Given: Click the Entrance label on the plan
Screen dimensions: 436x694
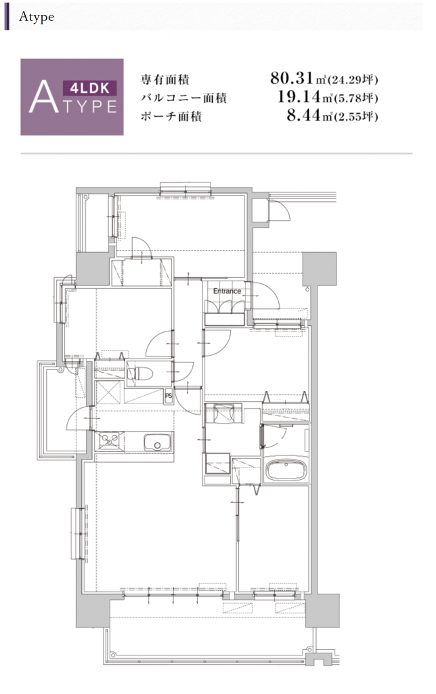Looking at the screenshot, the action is tap(227, 291).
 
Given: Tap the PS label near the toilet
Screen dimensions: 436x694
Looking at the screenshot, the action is tap(169, 396).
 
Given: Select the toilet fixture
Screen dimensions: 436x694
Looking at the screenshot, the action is tap(140, 374).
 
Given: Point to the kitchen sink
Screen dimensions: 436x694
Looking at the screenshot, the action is tap(158, 443).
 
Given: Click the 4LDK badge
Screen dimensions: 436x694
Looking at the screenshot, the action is tap(90, 88).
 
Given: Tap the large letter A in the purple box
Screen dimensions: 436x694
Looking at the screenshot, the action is tap(43, 96).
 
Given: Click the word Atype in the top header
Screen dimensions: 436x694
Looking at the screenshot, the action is tap(37, 17).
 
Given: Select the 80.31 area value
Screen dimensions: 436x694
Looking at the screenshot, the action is tap(292, 79).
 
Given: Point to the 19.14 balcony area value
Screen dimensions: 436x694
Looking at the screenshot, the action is tap(299, 96).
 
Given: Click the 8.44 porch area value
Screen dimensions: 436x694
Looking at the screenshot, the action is tap(303, 115).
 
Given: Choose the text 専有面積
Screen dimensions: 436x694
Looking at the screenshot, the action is tap(165, 80).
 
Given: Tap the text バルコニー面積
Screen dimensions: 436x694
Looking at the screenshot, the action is tap(183, 98).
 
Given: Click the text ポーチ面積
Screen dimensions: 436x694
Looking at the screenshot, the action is tap(171, 117).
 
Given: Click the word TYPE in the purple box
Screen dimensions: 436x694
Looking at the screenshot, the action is tap(89, 106).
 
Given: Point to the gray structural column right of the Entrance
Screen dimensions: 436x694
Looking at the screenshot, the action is tap(320, 269).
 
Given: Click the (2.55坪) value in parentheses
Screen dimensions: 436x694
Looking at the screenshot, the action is tap(356, 117).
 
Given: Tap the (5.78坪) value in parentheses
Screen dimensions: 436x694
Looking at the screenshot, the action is tap(356, 98).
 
